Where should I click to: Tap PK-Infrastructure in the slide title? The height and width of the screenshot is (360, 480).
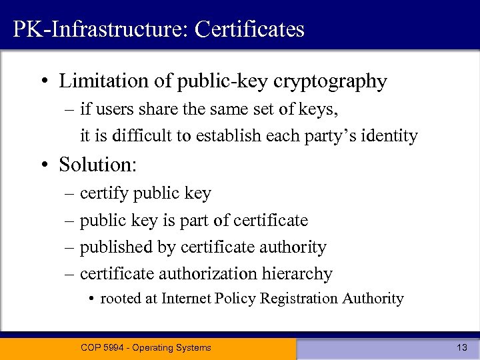click(x=93, y=29)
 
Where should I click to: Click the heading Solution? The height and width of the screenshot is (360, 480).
click(x=97, y=164)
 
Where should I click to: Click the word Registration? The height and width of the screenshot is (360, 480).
click(x=299, y=299)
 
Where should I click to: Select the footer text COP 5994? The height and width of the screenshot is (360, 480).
click(x=105, y=347)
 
